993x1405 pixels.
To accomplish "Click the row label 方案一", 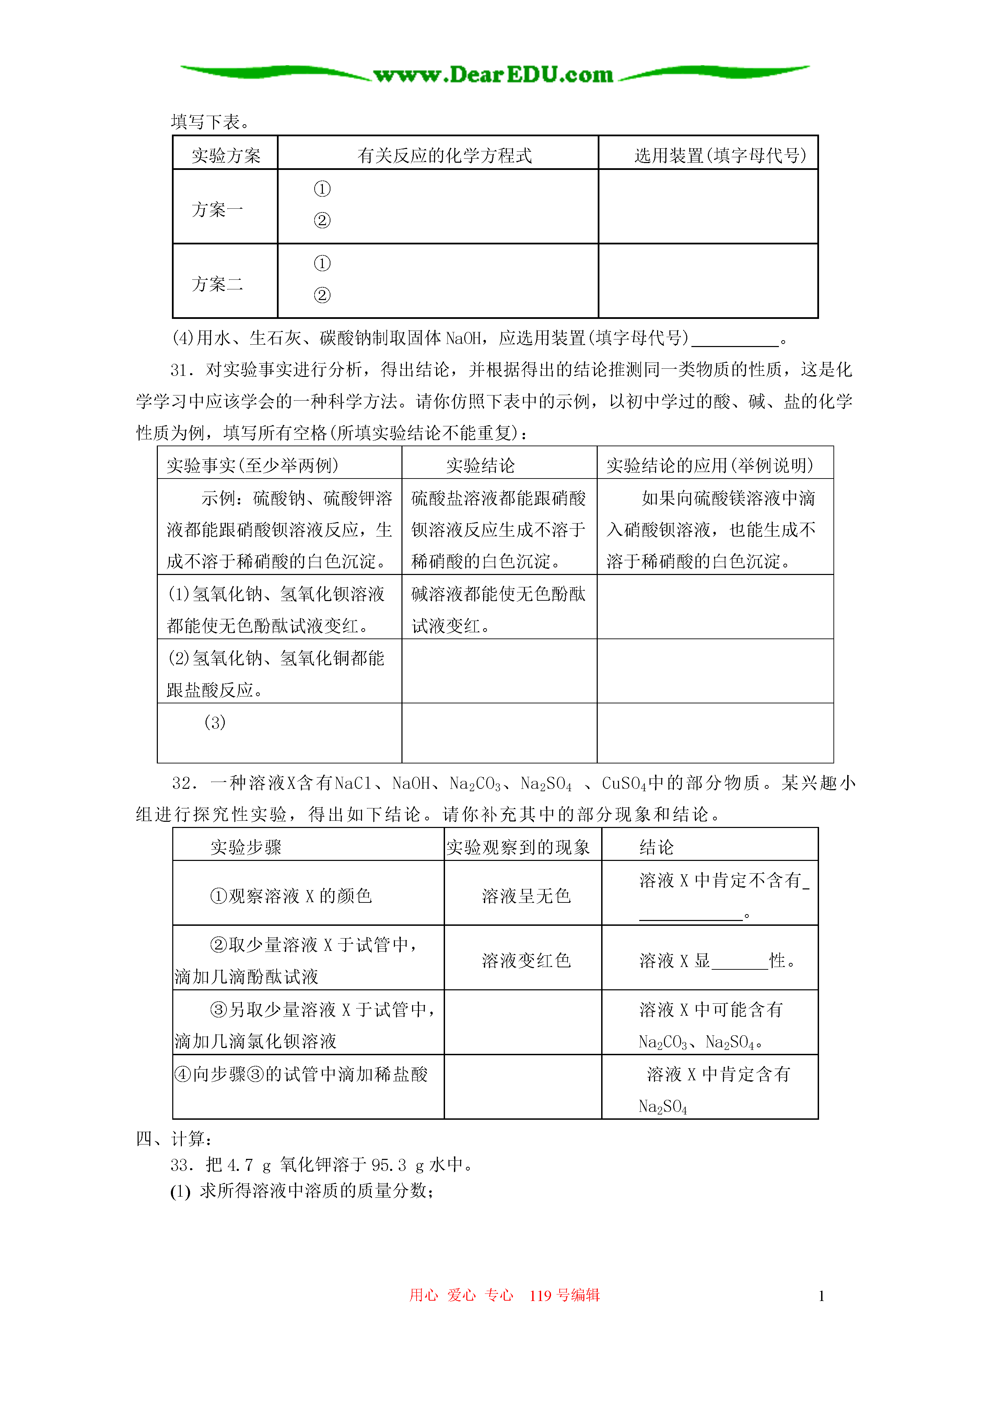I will [x=217, y=210].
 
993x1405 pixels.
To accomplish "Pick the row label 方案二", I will [x=217, y=284].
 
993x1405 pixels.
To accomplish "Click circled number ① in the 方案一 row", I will [x=322, y=189].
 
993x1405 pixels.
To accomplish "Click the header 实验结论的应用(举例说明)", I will [x=710, y=466].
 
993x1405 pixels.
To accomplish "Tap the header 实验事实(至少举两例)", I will [x=253, y=466].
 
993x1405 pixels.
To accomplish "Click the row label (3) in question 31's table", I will [x=215, y=723].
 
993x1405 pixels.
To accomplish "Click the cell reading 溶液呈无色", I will [x=526, y=897].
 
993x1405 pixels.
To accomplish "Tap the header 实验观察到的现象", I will [x=518, y=848].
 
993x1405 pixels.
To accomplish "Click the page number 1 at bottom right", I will [x=821, y=1296].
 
